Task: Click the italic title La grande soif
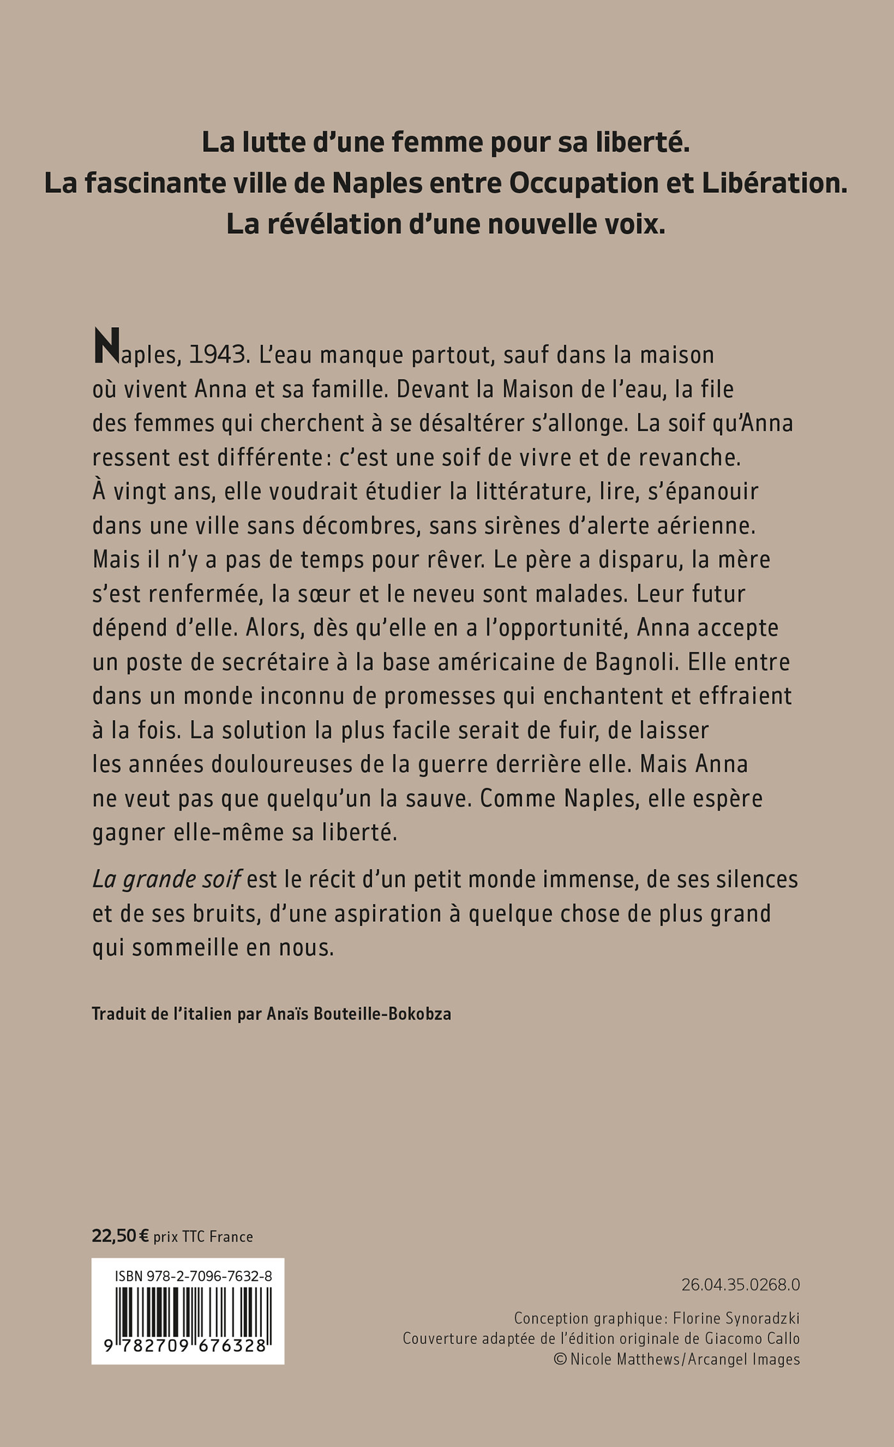166,880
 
